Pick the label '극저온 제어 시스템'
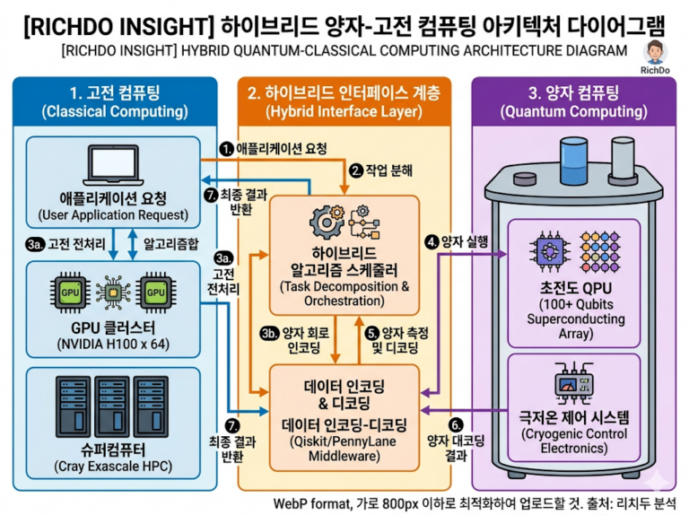click(x=574, y=417)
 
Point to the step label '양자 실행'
click(x=463, y=241)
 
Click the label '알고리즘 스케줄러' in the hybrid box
click(x=344, y=269)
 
